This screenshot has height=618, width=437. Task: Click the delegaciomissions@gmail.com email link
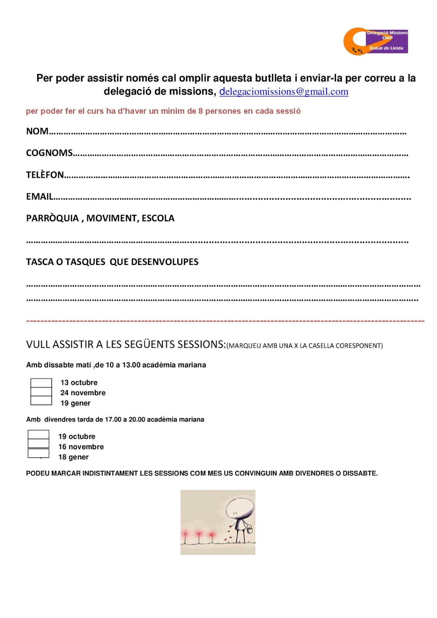pyautogui.click(x=284, y=92)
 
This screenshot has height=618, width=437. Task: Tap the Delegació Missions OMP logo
pyautogui.click(x=375, y=41)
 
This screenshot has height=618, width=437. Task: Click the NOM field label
pyautogui.click(x=37, y=131)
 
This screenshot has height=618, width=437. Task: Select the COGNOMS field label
pyautogui.click(x=49, y=153)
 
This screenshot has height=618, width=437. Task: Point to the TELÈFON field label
pyautogui.click(x=45, y=175)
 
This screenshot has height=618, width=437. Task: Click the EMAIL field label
pyautogui.click(x=39, y=197)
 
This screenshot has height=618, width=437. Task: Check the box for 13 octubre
pyautogui.click(x=41, y=383)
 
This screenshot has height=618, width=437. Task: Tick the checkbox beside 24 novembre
pyautogui.click(x=41, y=392)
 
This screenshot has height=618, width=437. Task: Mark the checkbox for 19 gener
pyautogui.click(x=41, y=401)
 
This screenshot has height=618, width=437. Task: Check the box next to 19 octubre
pyautogui.click(x=39, y=435)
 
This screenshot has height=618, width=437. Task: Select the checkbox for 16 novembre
pyautogui.click(x=39, y=444)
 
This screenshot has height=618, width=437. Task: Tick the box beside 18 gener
pyautogui.click(x=39, y=453)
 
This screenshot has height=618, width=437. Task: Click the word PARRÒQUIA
pyautogui.click(x=53, y=218)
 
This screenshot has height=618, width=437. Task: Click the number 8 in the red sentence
pyautogui.click(x=201, y=111)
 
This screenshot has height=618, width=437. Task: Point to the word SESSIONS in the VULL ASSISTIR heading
pyautogui.click(x=200, y=344)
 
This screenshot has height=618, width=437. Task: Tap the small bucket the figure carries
pyautogui.click(x=250, y=529)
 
